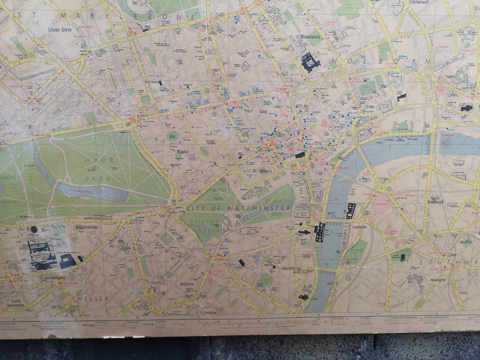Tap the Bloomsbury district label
point(311,37)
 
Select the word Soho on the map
point(263,112)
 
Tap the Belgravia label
point(187,284)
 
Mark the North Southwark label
point(436,200)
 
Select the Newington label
point(438,280)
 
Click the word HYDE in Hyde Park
point(93,160)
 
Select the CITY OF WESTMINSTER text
point(238,208)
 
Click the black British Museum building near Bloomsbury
point(310,62)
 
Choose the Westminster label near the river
point(291,268)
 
